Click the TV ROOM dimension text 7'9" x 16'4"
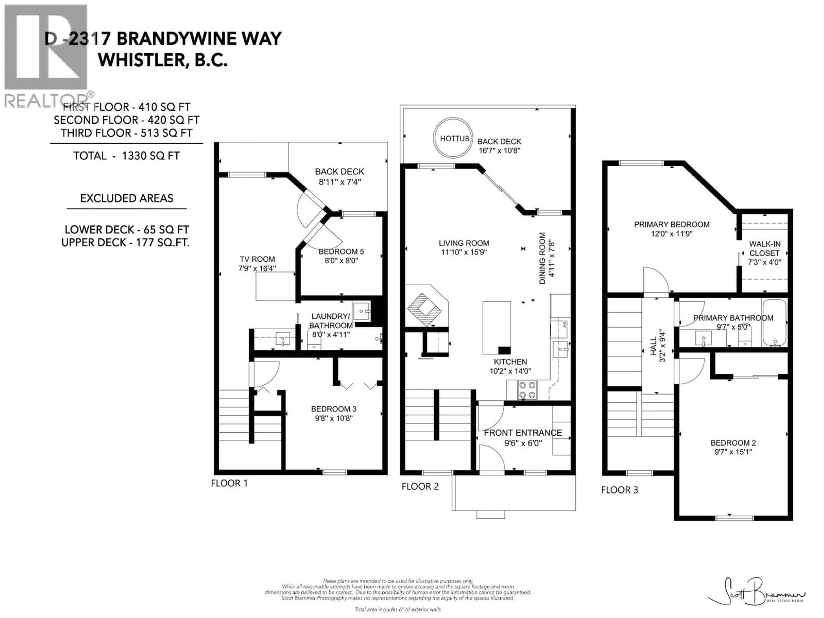pos(257,268)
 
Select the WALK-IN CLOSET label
pos(765,248)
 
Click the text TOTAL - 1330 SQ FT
pos(126,156)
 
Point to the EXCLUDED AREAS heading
pos(127,198)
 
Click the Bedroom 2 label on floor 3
pos(733,443)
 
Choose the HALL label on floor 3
pos(653,346)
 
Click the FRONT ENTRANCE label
pos(523,433)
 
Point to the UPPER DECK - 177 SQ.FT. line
pos(126,242)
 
